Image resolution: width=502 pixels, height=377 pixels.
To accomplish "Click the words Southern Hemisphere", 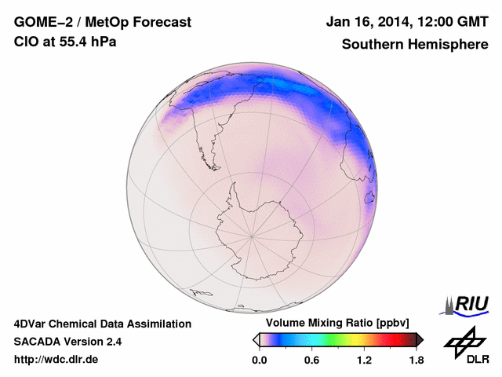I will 414,44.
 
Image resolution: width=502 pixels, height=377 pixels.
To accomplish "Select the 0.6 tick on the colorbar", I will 311,361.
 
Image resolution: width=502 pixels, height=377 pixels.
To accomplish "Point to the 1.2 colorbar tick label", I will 363,361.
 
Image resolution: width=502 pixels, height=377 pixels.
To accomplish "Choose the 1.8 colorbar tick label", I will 416,361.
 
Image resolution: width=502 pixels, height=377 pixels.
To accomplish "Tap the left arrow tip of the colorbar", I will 256,339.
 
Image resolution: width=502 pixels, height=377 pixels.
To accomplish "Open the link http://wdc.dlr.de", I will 56,360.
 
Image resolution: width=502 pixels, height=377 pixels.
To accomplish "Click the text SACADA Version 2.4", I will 67,342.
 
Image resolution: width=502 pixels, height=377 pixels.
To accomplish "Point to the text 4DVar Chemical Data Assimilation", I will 102,324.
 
